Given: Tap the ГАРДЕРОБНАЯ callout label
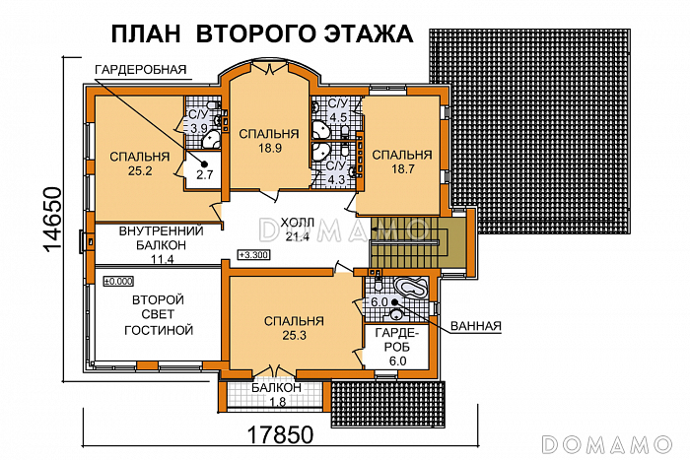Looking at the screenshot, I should tap(141, 70).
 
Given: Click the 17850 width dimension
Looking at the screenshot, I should tap(278, 434).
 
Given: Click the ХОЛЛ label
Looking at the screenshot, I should tap(297, 223).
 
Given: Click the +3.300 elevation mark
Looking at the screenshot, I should tap(253, 257).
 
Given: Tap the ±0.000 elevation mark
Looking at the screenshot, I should tap(118, 281).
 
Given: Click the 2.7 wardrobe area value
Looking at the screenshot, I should tap(204, 174).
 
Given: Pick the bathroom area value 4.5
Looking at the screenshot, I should tap(338, 117).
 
